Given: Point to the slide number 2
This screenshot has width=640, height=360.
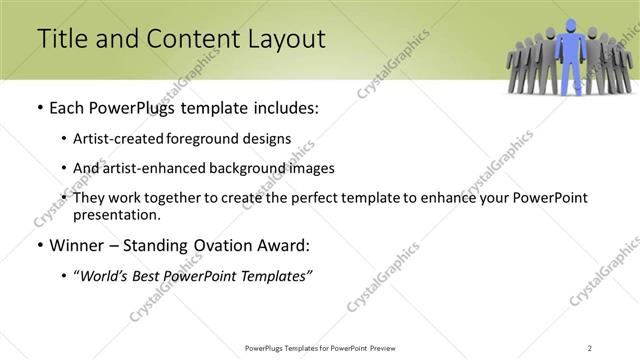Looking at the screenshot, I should click(x=590, y=348).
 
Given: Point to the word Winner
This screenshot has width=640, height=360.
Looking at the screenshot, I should click(x=73, y=245).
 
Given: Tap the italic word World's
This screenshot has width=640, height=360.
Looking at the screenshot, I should click(x=104, y=275).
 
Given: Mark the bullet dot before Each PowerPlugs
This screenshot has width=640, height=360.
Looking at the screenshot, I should click(x=39, y=108).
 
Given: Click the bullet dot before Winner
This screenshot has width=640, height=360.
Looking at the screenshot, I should click(x=39, y=245).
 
